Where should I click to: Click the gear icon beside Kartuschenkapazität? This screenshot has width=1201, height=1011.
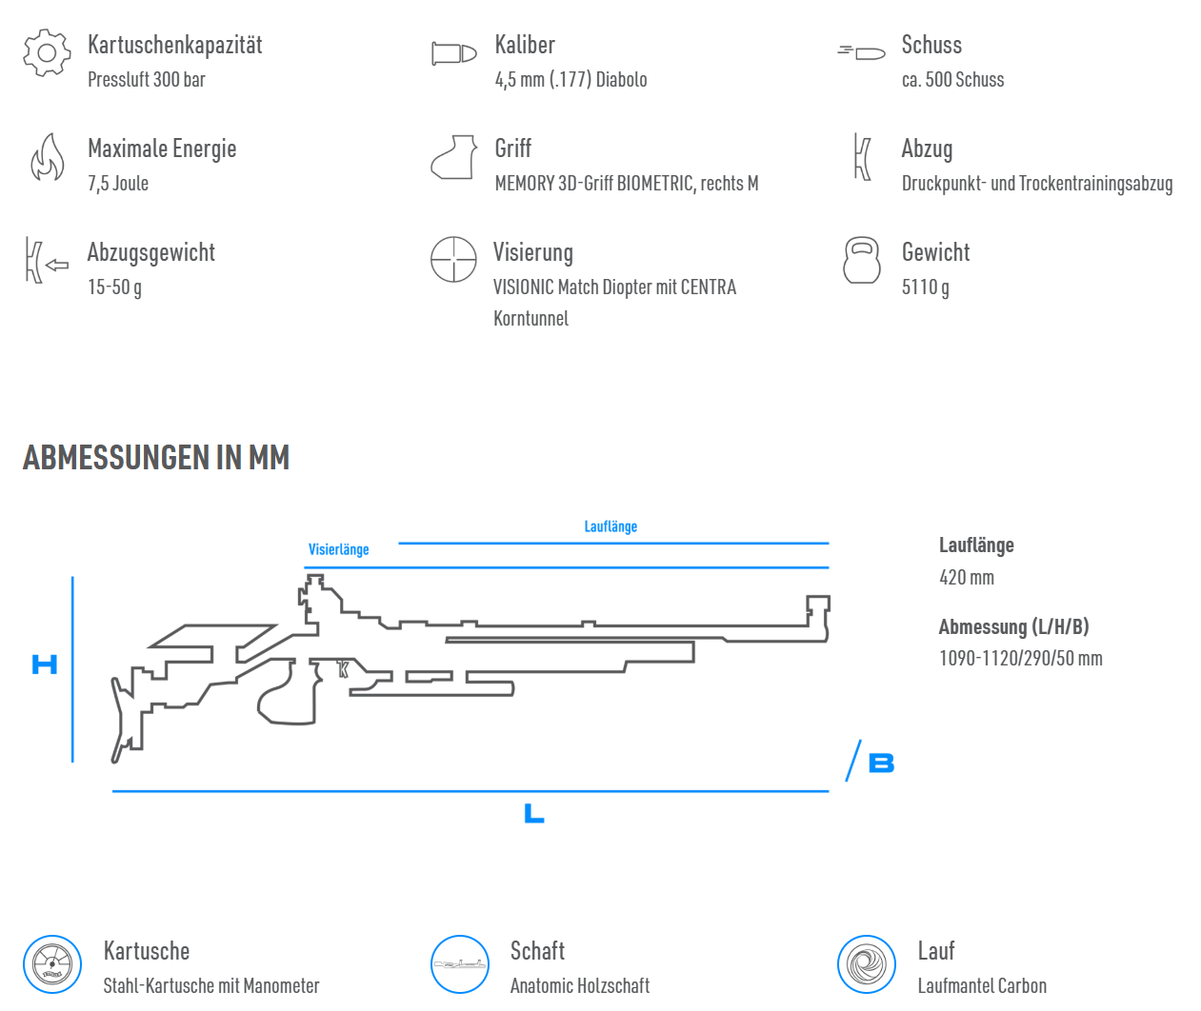click(48, 53)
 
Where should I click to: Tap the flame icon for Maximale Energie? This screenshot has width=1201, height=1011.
click(48, 158)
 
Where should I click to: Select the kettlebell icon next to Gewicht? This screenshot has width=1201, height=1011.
click(861, 260)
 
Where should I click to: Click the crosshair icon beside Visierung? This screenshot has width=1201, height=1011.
click(453, 259)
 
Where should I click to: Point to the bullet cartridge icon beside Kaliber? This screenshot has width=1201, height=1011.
click(453, 53)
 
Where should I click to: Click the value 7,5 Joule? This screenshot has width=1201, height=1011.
click(118, 184)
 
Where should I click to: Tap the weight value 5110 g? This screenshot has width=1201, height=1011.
click(925, 287)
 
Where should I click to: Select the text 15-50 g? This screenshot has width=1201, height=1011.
click(114, 287)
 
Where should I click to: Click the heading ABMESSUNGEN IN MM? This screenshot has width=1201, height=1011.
click(156, 458)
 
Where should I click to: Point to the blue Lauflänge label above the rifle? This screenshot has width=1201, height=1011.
click(611, 526)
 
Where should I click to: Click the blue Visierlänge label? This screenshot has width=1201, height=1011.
click(338, 549)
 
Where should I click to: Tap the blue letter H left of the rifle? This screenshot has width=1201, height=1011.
click(45, 664)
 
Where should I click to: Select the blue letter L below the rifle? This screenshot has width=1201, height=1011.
click(533, 813)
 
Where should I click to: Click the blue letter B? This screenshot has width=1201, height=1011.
click(881, 763)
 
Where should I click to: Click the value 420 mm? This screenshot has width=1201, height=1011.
click(967, 578)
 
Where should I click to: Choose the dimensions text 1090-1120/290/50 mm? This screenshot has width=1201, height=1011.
click(1020, 659)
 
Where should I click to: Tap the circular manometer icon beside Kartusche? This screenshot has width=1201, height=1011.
click(52, 964)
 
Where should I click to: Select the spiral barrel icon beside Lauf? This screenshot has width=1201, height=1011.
click(867, 964)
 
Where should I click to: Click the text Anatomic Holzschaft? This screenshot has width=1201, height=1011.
click(580, 985)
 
